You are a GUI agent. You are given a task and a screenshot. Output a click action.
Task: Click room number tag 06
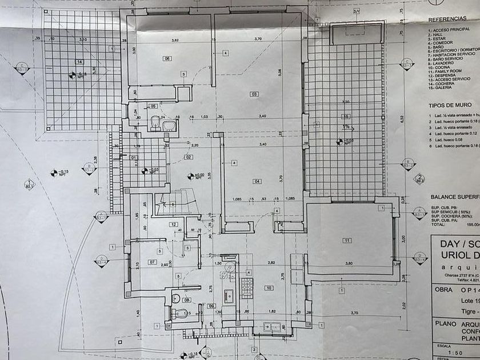pos(167,58)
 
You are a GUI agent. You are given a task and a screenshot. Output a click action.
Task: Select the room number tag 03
pos(254,94)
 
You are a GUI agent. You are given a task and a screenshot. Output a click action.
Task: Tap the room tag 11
pos(346,240)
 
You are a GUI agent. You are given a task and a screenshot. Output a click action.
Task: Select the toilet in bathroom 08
pos(181,313)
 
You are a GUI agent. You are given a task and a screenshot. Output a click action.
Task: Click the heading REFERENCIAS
pos(447,19)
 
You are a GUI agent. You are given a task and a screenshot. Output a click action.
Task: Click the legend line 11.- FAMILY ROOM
pos(446,71)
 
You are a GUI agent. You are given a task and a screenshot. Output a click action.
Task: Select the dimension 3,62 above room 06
pos(175,40)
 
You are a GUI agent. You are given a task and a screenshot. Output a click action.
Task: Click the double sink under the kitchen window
pos(269,327)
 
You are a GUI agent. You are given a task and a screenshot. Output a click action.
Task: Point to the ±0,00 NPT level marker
pos(196,177)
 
